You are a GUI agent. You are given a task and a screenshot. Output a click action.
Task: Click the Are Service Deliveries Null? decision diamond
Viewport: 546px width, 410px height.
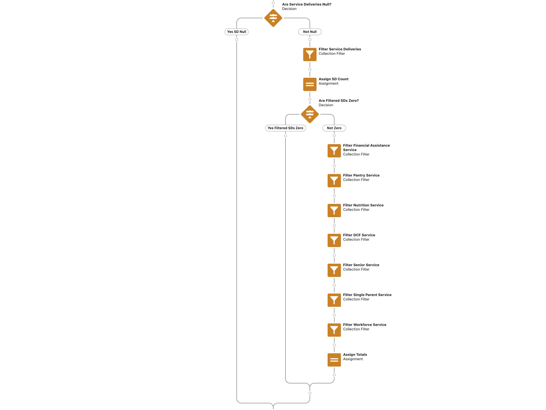(x=273, y=18)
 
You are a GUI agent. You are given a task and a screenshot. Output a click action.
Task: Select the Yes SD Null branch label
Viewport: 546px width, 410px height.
(x=237, y=32)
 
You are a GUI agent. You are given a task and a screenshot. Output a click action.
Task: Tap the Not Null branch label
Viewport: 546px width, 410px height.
(x=310, y=32)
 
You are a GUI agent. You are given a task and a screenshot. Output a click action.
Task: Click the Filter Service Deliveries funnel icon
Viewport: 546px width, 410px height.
(x=310, y=55)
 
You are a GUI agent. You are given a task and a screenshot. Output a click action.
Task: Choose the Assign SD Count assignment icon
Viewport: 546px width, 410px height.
(x=310, y=84)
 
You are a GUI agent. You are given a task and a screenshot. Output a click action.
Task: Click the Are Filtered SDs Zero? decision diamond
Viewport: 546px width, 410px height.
(x=310, y=114)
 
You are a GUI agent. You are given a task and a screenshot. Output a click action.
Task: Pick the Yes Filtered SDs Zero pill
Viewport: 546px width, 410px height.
(x=285, y=128)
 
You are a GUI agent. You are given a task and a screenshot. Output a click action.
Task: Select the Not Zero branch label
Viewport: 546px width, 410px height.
(x=334, y=128)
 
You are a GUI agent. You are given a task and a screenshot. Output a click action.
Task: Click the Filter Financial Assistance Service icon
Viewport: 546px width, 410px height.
(x=334, y=151)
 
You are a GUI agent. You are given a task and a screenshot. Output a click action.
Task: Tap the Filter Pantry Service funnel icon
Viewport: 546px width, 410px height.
(x=334, y=181)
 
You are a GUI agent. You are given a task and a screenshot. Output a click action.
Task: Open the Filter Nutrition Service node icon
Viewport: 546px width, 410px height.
(x=334, y=211)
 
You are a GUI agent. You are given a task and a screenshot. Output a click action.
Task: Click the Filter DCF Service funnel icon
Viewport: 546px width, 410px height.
(x=334, y=240)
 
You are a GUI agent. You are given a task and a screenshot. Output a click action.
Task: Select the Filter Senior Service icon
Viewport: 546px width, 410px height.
(x=334, y=270)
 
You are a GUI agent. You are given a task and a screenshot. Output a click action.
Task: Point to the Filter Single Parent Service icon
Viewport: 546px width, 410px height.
(x=334, y=300)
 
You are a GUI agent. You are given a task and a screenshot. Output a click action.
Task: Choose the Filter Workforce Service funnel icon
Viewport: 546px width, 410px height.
(x=334, y=330)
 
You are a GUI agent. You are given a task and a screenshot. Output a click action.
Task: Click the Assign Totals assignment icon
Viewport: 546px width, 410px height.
(x=334, y=360)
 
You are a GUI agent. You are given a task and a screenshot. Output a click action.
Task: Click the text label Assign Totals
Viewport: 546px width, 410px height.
(x=355, y=355)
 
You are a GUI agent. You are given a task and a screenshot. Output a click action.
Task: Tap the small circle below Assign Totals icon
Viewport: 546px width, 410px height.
(x=334, y=375)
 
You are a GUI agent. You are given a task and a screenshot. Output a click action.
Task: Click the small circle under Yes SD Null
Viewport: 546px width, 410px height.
(x=237, y=40)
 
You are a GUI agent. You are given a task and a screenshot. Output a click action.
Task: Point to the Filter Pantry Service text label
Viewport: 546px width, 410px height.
(x=361, y=175)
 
